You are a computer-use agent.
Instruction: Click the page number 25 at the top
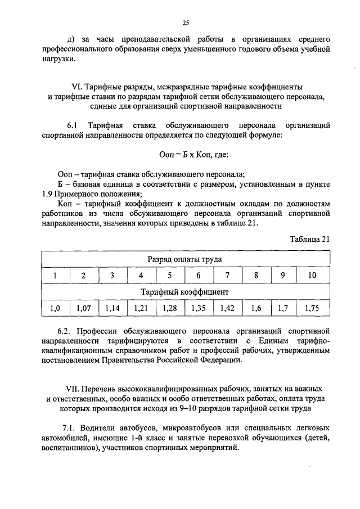point(185,22)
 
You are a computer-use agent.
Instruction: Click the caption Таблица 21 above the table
point(309,238)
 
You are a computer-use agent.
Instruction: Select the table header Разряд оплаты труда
point(184,259)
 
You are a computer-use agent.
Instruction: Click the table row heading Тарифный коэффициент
point(184,292)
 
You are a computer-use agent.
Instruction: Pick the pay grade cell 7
point(227,276)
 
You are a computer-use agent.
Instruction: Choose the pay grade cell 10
point(312,276)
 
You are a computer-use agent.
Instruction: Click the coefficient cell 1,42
point(227,308)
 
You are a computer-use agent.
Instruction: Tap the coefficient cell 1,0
point(55,308)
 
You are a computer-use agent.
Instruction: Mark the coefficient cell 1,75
point(312,308)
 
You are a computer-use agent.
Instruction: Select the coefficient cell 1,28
point(170,308)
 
